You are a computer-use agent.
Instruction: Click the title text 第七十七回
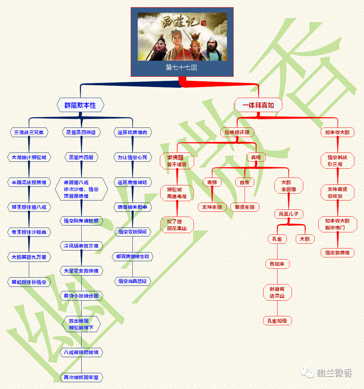point(181,68)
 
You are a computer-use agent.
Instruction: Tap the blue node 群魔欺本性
point(80,105)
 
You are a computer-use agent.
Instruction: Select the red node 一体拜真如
point(258,105)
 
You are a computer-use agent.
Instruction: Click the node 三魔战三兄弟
point(29,132)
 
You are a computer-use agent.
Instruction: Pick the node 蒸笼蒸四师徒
point(81,132)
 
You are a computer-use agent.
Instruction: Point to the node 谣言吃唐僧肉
point(132,132)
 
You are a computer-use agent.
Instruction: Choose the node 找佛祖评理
point(237,132)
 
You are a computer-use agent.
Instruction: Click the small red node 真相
point(256,157)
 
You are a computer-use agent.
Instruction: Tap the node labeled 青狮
point(212,182)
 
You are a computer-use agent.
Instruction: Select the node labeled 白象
point(245,182)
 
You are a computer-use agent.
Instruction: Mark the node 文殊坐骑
point(212,207)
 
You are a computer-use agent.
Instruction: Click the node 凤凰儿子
point(289,214)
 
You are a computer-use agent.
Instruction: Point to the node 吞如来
point(277,264)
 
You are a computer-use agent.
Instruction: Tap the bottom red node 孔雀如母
point(277,321)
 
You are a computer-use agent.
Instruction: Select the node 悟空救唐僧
point(338,253)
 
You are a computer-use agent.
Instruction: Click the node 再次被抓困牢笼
point(81,377)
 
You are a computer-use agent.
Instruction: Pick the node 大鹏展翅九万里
point(29,257)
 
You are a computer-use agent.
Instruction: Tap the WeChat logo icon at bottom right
point(307,373)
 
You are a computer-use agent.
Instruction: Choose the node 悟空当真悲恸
point(132,281)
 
